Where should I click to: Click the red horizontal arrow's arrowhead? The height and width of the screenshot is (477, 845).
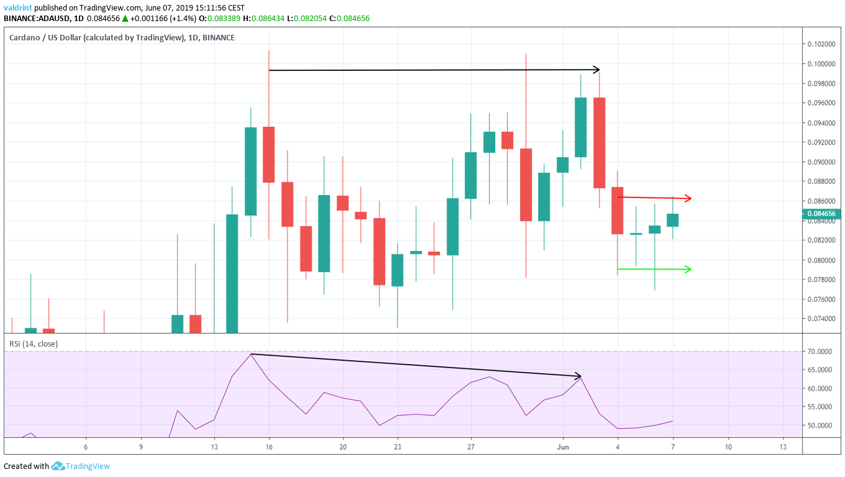tap(688, 198)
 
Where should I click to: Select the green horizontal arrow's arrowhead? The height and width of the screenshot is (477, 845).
tap(688, 269)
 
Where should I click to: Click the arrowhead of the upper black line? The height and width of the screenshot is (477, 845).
tap(596, 70)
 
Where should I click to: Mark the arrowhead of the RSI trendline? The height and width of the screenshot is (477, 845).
tap(578, 376)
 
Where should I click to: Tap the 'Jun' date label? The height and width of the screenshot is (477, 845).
tap(563, 447)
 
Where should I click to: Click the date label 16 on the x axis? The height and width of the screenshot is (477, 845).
tap(269, 447)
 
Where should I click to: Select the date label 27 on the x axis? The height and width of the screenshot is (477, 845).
tap(471, 447)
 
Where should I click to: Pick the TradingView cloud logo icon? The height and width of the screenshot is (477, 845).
tap(58, 466)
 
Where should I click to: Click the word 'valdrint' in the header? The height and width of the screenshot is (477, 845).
tap(17, 7)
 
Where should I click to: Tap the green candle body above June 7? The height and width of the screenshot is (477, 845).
tap(673, 220)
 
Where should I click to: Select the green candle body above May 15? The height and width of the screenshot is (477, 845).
tap(251, 171)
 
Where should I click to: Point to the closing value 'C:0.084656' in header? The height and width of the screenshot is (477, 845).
tap(350, 19)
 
